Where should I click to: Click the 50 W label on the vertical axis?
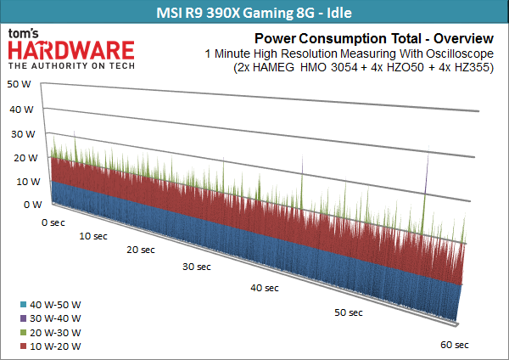point(19,84)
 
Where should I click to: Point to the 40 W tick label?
point(21,110)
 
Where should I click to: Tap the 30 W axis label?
point(23,134)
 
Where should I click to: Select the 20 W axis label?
point(25,158)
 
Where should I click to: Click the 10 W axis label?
point(28,182)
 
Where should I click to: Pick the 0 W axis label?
point(33,205)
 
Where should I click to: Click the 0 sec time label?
point(53,222)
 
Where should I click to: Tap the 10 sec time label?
point(93,236)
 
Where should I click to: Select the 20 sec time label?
point(141,250)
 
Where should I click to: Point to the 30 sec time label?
point(197,267)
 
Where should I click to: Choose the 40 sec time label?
point(265,288)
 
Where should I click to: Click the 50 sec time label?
point(349,312)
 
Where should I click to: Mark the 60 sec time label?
point(455,345)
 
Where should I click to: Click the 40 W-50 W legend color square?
point(23,305)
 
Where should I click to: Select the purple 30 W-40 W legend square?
point(23,318)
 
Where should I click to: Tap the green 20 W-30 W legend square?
point(23,333)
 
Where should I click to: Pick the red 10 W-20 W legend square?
point(23,346)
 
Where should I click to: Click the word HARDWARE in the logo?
point(71,50)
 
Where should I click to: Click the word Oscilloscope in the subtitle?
point(460,54)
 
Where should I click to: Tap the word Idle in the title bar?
point(339,13)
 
